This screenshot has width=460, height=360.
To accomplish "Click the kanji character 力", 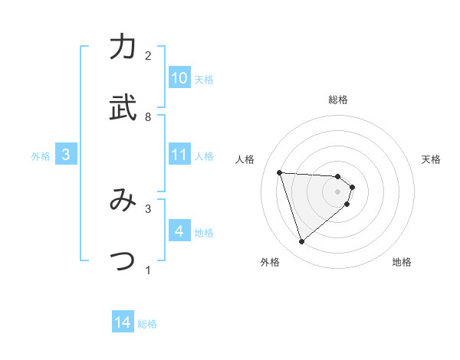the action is coord(123,48).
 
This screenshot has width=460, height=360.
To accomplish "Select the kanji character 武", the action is coord(123,108).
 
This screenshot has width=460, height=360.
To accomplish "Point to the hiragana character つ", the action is coord(123,260).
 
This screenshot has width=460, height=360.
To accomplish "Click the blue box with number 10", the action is coord(179,78).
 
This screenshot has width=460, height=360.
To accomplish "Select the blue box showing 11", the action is coord(179,155).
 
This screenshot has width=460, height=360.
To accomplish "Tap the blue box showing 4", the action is coord(179,231).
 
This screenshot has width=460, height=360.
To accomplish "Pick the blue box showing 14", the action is coord(123,322).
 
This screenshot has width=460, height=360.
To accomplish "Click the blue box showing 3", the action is coord(66,155).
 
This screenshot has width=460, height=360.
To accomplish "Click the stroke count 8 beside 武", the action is coord(148,117).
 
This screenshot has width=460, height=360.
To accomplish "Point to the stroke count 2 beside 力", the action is coord(148,56).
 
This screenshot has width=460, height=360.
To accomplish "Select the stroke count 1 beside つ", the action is coord(148,270).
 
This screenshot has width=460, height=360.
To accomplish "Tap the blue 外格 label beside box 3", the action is coord(41,155).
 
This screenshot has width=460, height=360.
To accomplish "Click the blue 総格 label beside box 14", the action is coord(147,324).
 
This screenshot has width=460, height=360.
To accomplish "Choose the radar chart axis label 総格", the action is coord(338,100).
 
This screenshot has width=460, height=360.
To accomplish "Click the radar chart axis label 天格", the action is coord(431,159).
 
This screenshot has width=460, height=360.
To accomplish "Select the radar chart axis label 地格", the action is coord(402,263).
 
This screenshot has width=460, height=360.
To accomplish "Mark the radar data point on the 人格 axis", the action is coord(280,172).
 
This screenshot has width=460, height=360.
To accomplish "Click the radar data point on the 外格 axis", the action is coord(301,242).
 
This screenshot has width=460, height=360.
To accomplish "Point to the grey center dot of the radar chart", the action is coord(338,201).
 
